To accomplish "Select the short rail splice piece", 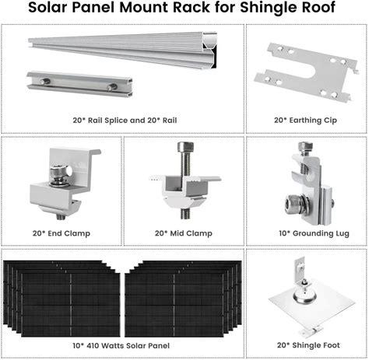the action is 79,83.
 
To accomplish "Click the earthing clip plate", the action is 307,72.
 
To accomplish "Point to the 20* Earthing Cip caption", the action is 305,121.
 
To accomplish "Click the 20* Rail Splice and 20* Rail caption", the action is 125,121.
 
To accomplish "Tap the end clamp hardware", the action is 65,183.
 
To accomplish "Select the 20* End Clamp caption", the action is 61,233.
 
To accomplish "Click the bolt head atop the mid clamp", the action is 184,147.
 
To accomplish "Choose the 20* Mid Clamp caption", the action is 184,233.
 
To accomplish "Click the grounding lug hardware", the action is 309,183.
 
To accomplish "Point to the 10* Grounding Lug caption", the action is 314,233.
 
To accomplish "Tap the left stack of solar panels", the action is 61,299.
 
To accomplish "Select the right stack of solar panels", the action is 183,299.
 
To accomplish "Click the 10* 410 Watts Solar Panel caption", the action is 121,345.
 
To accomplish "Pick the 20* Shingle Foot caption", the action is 308,345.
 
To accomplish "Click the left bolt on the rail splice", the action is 45,81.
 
